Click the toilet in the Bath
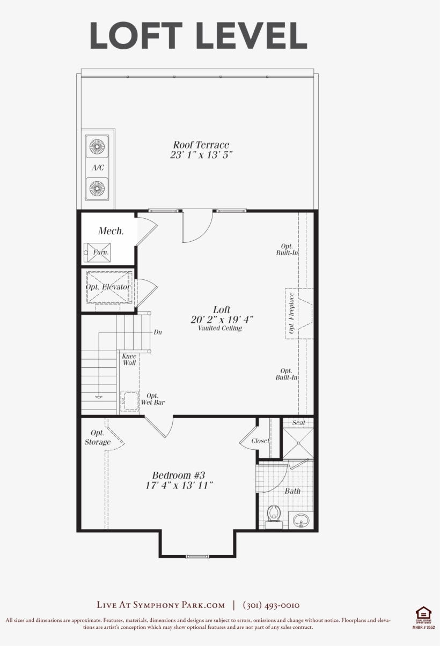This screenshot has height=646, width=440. (x=274, y=516)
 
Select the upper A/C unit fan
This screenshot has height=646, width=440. (x=97, y=146)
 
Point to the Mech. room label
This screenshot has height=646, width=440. (x=111, y=231)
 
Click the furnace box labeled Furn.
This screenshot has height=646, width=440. (x=97, y=253)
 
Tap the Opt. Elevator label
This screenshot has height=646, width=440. (x=108, y=287)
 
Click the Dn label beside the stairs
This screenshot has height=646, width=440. (x=158, y=332)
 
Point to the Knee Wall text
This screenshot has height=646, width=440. (x=129, y=359)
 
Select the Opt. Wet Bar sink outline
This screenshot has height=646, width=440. (x=129, y=400)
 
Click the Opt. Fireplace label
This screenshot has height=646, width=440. (x=291, y=313)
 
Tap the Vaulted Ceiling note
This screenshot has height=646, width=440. (x=220, y=328)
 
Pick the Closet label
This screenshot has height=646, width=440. (x=260, y=441)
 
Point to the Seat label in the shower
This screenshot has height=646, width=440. (x=298, y=422)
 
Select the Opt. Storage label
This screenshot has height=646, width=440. (x=98, y=437)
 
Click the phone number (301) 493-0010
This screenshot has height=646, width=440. (x=272, y=605)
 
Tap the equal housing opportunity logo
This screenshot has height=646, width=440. (x=423, y=615)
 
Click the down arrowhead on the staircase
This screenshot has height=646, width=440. (x=99, y=397)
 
